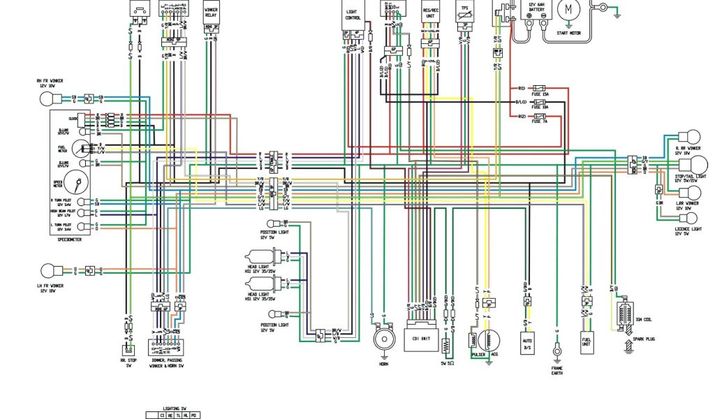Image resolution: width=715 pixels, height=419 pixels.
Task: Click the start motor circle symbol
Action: coord(568,10)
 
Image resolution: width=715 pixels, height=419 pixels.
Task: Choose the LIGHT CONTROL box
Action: coord(353,14)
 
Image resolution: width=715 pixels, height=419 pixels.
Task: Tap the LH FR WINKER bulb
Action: coord(53,270)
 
